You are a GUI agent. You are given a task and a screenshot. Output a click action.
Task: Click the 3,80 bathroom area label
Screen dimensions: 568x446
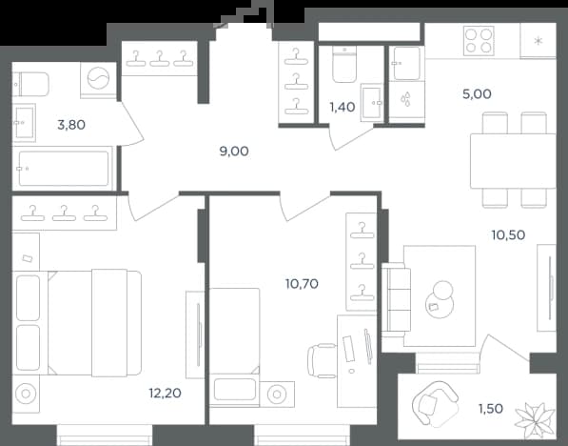click(x=71, y=125)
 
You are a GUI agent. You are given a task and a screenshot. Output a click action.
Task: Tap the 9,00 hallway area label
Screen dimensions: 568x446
click(x=234, y=151)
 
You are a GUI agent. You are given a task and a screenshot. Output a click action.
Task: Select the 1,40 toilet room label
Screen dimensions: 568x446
click(x=342, y=107)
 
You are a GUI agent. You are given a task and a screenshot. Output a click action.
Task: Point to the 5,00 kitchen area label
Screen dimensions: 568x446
click(x=477, y=94)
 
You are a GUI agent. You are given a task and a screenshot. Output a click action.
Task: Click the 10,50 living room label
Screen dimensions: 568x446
click(x=508, y=234)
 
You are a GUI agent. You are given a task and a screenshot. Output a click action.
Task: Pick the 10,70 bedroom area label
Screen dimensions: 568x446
click(x=302, y=283)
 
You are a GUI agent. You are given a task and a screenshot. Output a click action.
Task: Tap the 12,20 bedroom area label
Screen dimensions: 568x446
click(x=165, y=393)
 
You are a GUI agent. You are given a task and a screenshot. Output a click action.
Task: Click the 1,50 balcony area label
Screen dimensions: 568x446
click(x=491, y=409)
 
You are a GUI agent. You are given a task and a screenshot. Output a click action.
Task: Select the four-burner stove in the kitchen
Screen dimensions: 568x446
click(x=479, y=41)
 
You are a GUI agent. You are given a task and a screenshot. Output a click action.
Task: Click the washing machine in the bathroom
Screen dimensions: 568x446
click(x=99, y=78)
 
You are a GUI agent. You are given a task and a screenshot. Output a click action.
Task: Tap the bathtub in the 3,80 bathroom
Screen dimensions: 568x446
click(x=64, y=169)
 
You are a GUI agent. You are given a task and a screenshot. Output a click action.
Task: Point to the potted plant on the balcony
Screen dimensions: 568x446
click(x=535, y=420)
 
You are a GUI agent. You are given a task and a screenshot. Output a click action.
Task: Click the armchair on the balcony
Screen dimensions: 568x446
click(x=435, y=403)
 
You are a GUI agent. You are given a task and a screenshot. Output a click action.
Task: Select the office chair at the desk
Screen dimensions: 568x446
click(x=322, y=361)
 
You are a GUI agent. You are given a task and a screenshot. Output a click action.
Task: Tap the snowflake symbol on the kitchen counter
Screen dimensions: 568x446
click(x=539, y=41)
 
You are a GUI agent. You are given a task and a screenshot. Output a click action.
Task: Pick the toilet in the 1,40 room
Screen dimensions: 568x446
click(x=344, y=64)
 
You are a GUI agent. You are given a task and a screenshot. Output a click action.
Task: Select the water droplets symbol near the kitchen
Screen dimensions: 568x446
click(x=406, y=99)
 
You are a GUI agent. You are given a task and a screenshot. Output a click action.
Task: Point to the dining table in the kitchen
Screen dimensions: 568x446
click(x=513, y=161)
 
